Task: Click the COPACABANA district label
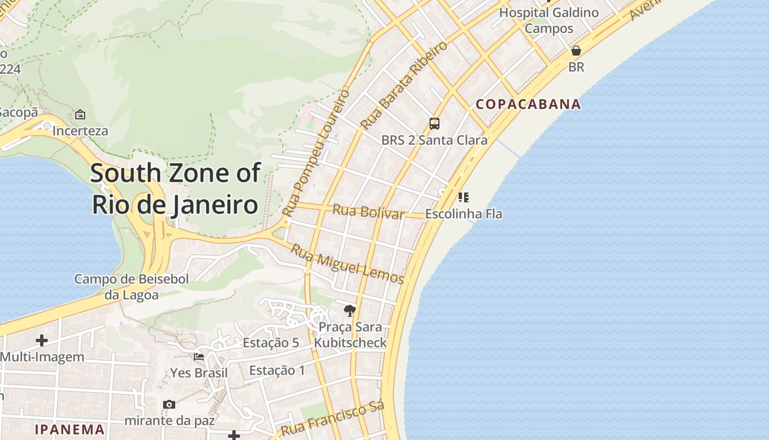tap(528, 104)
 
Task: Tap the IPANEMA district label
tap(70, 430)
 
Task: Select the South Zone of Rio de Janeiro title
tap(175, 189)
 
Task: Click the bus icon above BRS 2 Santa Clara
tap(434, 124)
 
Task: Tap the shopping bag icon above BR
tap(576, 51)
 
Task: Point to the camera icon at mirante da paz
tap(169, 405)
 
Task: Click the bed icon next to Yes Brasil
tap(199, 357)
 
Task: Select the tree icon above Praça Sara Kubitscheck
tap(349, 311)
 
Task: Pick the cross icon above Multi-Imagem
tap(42, 340)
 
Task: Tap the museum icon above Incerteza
tap(80, 114)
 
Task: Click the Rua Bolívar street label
tap(369, 212)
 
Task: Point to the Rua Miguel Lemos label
tap(347, 264)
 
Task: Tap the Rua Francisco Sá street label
tap(332, 419)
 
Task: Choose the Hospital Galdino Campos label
tap(549, 20)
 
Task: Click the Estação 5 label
tap(271, 343)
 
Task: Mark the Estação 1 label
tap(277, 370)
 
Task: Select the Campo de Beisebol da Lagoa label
tap(131, 287)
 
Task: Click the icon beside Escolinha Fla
tap(463, 197)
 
